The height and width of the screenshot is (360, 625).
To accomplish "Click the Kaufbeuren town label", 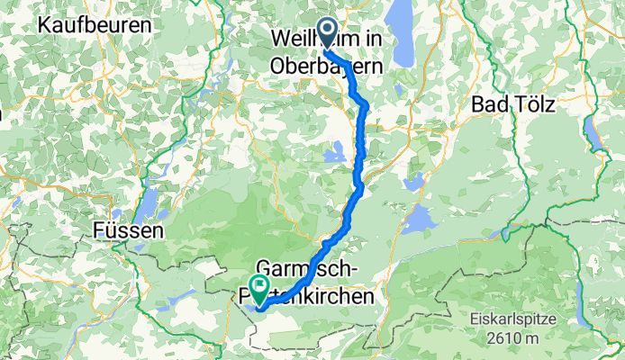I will pos(95,25).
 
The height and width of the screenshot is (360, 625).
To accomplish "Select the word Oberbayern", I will pos(328,66).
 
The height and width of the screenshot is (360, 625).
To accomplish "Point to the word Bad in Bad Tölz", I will pos(488,103).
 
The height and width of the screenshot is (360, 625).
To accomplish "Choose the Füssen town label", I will pos(128,231).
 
